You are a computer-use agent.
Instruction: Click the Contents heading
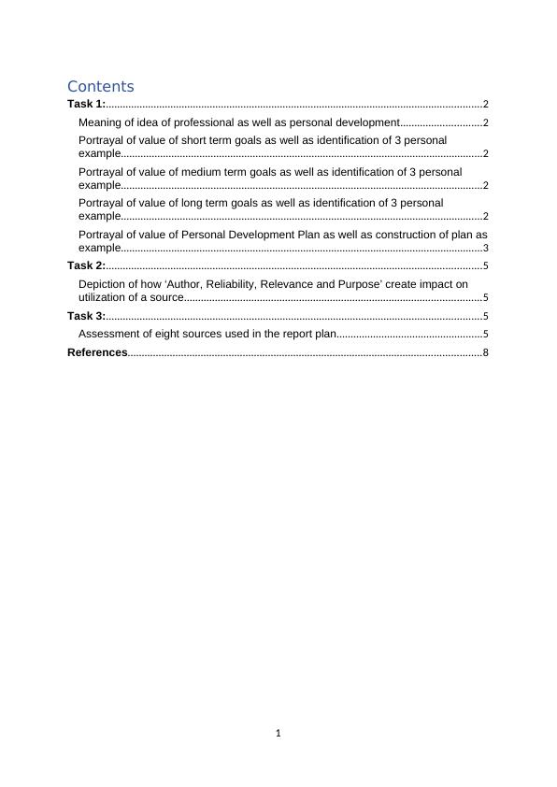point(100,86)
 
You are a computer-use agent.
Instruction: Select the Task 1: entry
point(86,105)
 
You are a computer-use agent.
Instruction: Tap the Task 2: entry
point(86,266)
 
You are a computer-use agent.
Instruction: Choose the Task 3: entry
point(86,316)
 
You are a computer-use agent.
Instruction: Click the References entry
point(97,352)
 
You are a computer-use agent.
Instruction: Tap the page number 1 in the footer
point(278,733)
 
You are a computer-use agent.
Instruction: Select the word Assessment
point(108,334)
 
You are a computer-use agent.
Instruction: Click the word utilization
point(106,297)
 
